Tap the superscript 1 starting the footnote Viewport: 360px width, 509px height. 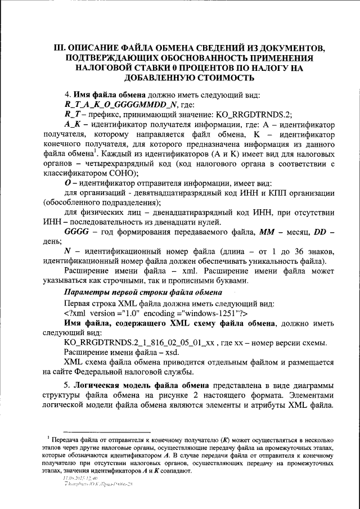49,436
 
